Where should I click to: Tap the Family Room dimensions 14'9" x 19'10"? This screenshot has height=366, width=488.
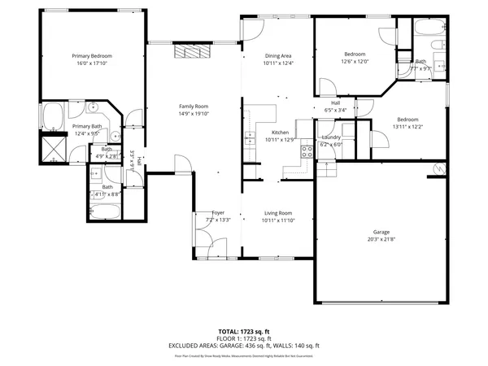(194, 115)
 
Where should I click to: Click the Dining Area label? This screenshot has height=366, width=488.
(277, 55)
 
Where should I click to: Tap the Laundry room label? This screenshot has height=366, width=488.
(331, 137)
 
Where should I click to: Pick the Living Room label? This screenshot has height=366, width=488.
(277, 212)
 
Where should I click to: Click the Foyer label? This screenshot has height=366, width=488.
(218, 212)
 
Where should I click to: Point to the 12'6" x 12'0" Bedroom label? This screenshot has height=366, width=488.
(355, 54)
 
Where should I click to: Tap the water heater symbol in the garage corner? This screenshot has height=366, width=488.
(440, 168)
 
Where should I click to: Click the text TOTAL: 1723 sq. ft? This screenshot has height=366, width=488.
(243, 332)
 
